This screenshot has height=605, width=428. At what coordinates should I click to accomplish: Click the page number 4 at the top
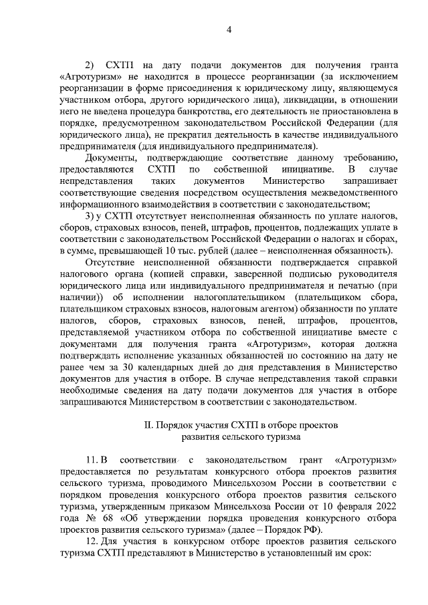click(x=229, y=29)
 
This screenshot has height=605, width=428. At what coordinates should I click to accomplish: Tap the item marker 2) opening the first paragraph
click(x=92, y=66)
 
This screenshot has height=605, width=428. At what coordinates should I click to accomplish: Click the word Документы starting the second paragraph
click(x=110, y=157)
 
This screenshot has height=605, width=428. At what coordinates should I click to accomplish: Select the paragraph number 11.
click(x=92, y=460)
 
